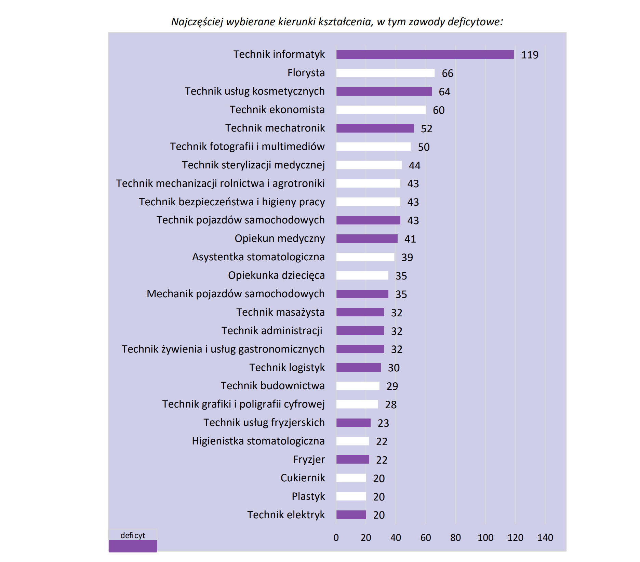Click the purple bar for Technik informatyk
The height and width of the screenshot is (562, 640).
pos(425,55)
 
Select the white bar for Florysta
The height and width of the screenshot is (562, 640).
pos(385,73)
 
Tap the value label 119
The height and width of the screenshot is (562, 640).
pos(530,55)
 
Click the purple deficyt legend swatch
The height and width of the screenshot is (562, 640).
pos(133,546)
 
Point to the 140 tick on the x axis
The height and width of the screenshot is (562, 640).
pos(545,538)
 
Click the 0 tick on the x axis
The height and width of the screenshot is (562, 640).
pos(336,538)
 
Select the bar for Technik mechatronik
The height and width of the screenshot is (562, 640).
pos(375,128)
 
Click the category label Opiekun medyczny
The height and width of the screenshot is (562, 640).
pos(280,238)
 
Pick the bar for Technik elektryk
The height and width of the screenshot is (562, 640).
pos(351,515)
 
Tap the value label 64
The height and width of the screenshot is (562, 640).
pos(444,92)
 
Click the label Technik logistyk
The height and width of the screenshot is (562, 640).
pos(287,368)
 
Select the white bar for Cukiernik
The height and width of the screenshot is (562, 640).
pos(351,478)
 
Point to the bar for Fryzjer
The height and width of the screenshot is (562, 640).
pos(352,460)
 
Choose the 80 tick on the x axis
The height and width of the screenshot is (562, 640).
pos(455,538)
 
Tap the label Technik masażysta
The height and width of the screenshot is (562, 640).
pos(280,312)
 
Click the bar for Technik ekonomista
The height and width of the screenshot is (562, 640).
pos(381,110)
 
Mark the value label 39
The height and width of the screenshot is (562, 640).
pos(407,257)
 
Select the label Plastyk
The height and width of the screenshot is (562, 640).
pos(308,496)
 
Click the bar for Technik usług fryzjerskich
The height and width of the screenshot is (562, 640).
pos(353,423)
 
